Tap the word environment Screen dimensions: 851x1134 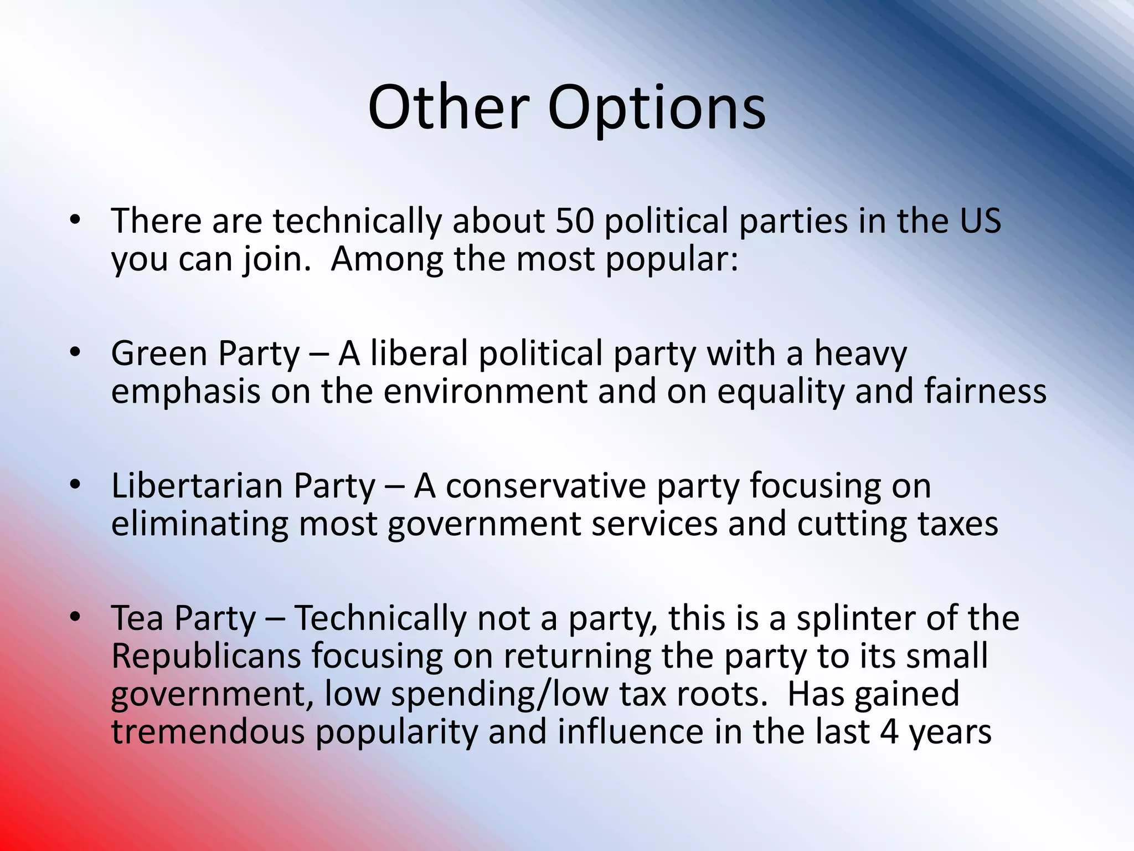tap(486, 392)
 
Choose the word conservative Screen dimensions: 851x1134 tap(546, 486)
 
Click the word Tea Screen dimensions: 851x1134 tap(137, 618)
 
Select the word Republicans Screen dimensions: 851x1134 tap(206, 657)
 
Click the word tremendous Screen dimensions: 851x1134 tap(208, 732)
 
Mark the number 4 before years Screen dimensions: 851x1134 tap(889, 732)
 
